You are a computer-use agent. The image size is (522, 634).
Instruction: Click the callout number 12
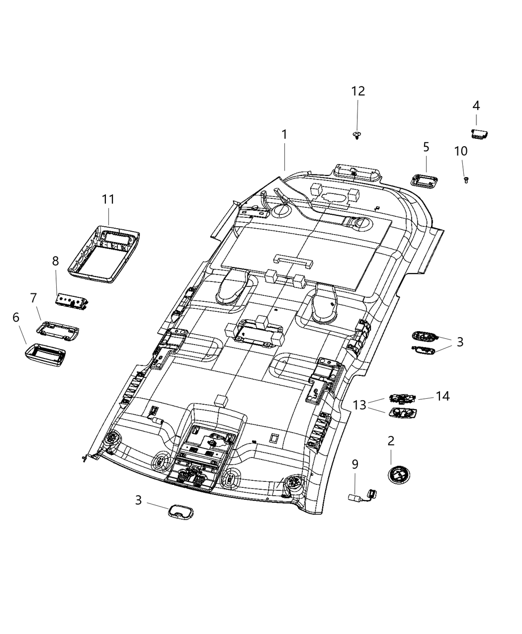358,91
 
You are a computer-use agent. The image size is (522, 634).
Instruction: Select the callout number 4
476,105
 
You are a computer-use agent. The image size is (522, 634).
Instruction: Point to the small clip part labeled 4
479,133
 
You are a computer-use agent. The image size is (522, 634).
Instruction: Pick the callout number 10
460,150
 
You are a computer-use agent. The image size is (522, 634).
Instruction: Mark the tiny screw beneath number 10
466,180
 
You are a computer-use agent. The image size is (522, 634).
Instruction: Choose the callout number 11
108,199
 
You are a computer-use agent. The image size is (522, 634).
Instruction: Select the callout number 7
33,298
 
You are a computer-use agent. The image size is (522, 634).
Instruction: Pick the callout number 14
442,396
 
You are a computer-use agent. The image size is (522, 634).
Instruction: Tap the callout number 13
359,405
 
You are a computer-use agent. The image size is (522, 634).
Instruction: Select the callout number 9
355,464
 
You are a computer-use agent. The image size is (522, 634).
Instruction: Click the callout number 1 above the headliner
284,134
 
